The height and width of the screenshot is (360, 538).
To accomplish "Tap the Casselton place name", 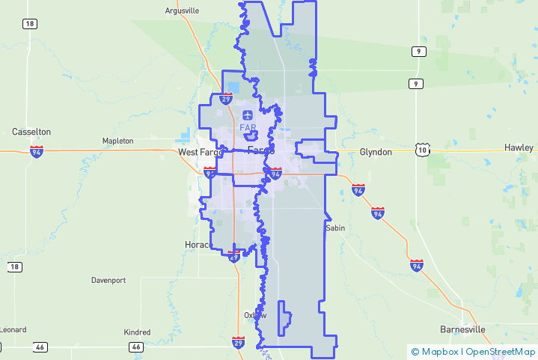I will coord(31,132).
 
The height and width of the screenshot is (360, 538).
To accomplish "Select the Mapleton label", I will coord(117,141).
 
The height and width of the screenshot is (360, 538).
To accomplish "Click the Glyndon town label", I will coord(376,152).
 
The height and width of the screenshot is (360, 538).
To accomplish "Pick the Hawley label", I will coord(519,147).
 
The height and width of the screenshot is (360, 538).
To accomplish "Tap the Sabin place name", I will coord(334,228).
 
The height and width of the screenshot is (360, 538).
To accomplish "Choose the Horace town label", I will coord(198,245).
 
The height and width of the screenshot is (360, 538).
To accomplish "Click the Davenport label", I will coord(108,281).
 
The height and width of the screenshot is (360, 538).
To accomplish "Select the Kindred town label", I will coord(137,332).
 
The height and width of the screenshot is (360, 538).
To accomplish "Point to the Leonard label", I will coord(13,329).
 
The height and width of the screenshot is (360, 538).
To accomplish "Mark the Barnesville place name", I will coord(462,329).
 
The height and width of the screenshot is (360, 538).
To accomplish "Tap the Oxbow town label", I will coord(255,315).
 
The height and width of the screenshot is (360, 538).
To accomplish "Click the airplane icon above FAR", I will coord(248,115).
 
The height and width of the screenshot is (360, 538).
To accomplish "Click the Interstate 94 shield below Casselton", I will coord(37,151).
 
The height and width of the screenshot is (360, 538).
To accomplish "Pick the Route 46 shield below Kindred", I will coord(135,347).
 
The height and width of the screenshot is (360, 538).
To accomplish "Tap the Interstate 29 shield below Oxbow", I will coord(238,343).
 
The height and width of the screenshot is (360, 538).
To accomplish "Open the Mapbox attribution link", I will coord(438,352).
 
